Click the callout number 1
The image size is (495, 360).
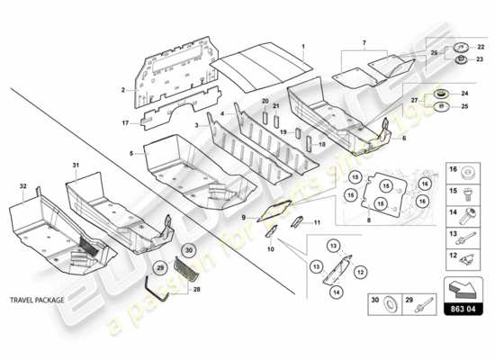[x=304, y=45]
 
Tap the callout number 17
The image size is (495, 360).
[x=125, y=122]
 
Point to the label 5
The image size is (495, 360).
[x=131, y=154]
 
